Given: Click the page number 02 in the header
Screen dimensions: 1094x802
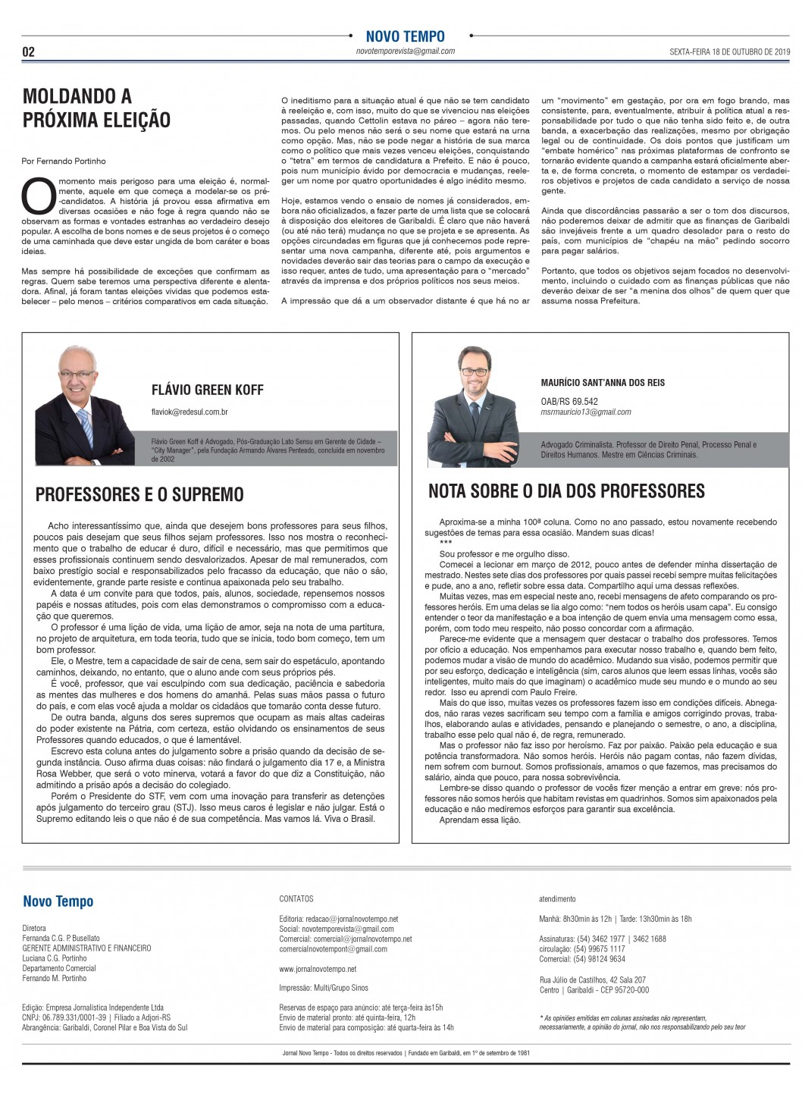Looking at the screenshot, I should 29,52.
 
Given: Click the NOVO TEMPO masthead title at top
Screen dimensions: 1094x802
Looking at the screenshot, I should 405,36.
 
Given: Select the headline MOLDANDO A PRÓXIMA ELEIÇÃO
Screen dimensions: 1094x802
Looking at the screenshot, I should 96,108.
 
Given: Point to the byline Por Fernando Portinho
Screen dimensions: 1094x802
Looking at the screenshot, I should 64,161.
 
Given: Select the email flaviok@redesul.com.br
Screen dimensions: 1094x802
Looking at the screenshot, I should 190,412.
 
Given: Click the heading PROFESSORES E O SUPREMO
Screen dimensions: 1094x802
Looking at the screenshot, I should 139,495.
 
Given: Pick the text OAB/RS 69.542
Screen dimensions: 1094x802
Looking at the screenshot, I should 569,401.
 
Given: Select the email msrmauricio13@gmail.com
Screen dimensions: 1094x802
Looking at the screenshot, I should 586,412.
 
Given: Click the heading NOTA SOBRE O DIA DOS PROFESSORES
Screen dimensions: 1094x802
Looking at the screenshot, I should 566,491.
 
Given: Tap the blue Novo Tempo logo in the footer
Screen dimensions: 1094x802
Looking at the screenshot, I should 58,901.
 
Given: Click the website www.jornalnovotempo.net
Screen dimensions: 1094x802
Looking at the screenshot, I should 318,969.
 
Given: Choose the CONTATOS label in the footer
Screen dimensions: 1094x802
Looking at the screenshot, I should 296,899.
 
